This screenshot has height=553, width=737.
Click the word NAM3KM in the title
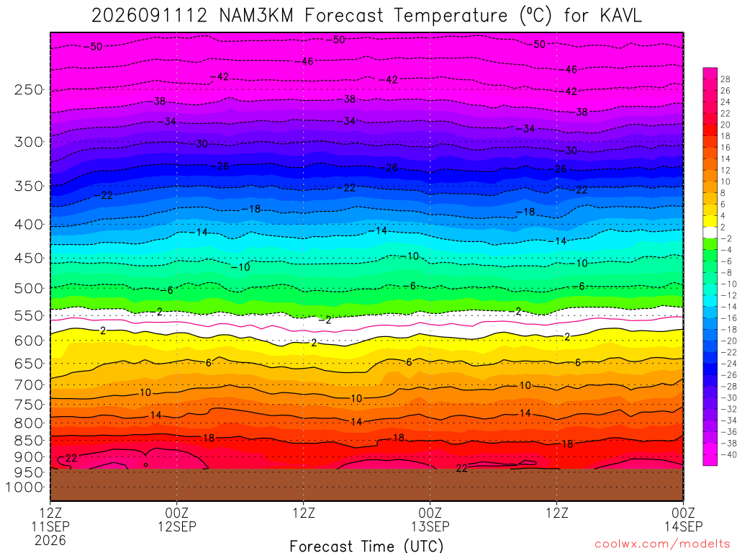point(256,16)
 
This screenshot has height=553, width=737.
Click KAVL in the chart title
point(620,16)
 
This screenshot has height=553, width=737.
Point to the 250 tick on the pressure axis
point(29,89)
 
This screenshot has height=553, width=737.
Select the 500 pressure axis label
point(29,288)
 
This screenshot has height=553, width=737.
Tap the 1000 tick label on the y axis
point(25,487)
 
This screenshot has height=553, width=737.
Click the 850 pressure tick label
point(29,441)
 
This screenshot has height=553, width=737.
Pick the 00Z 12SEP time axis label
point(177,519)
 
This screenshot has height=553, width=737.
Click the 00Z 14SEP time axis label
point(684,519)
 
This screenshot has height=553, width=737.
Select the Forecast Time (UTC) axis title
point(366,546)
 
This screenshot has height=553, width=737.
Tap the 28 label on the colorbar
point(725,79)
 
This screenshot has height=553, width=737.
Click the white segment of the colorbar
point(710,233)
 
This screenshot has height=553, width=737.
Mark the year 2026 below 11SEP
point(50,540)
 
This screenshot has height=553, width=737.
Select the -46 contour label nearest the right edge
point(568,70)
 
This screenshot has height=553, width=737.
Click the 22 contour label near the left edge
point(71,458)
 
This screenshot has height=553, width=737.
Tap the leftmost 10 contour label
point(145,392)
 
